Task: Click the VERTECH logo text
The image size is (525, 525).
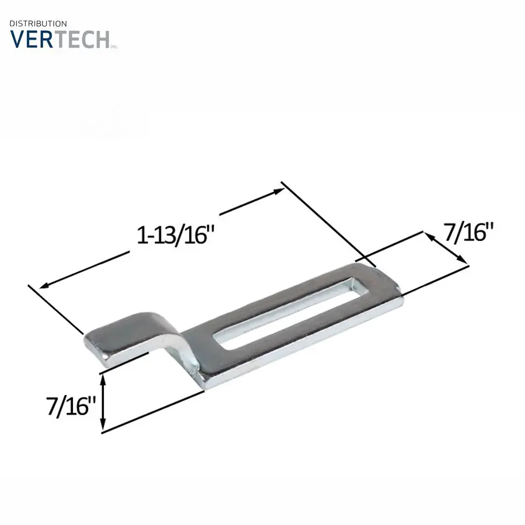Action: [x=60, y=39]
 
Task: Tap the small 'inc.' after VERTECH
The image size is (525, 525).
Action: [x=114, y=46]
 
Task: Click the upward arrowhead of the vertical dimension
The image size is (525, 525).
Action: [x=103, y=379]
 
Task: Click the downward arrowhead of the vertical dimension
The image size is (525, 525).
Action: [x=103, y=426]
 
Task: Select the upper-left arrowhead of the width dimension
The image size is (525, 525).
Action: [x=429, y=236]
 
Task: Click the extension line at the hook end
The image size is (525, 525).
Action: [x=55, y=309]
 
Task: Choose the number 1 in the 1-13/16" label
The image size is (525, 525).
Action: [x=141, y=236]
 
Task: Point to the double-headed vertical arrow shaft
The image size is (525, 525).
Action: [x=103, y=402]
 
